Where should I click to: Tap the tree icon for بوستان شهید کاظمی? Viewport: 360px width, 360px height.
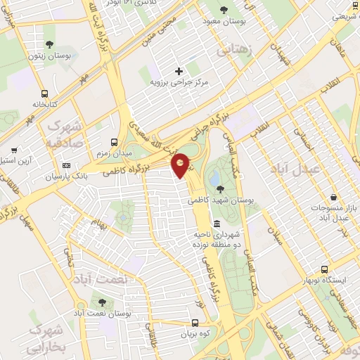coord(221,188)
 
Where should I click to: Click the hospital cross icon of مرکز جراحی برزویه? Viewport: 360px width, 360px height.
coord(179,71)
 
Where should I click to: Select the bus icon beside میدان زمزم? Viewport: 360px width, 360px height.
coord(115,141)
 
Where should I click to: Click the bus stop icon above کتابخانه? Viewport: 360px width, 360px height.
coord(45,93)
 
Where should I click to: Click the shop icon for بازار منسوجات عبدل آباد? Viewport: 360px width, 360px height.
coord(333,198)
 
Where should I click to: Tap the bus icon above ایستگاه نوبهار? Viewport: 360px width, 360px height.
coord(324,269)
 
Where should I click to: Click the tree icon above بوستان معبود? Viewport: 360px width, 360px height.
coord(224,10)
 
